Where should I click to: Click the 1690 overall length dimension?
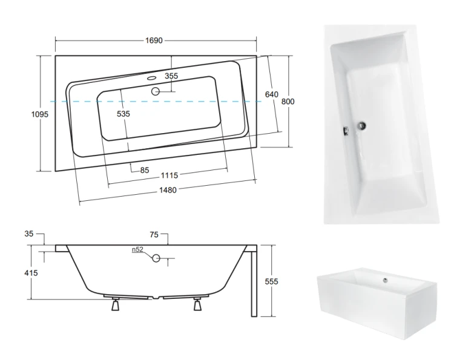coord(154,41)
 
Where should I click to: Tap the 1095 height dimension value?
coord(40,114)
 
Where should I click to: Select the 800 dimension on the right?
coord(288,102)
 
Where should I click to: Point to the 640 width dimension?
coord(272,94)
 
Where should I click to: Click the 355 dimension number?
coord(171,76)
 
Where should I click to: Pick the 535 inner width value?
coord(123,114)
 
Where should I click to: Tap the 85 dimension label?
coord(145,170)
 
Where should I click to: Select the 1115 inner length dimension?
coord(169,175)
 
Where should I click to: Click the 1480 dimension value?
coord(168,190)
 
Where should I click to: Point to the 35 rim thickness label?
coord(29,234)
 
